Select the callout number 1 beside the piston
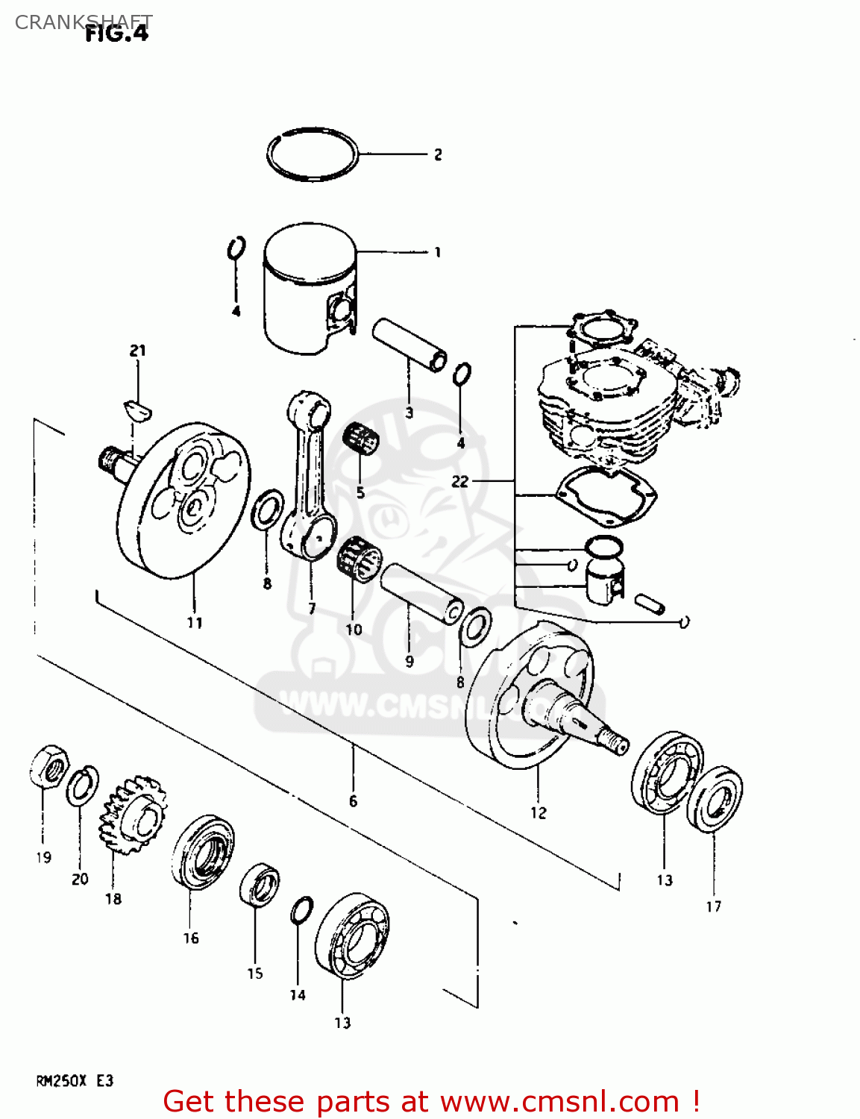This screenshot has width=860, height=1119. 438,252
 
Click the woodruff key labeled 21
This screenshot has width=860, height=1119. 137,407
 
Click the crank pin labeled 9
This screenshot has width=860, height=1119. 422,594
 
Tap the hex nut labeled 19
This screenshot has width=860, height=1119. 49,765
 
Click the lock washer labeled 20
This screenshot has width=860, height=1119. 82,786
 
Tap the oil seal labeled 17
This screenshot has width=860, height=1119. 715,797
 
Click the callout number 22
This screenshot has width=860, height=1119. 459,481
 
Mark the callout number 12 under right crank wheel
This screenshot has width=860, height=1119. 539,812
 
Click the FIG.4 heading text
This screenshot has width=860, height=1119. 117,34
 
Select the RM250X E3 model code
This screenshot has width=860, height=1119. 75,1081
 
